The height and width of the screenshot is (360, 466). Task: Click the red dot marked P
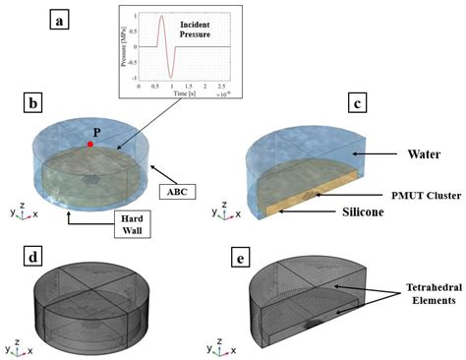click(90, 145)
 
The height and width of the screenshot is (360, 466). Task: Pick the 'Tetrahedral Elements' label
click(423, 294)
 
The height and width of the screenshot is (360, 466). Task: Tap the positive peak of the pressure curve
click(162, 17)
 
